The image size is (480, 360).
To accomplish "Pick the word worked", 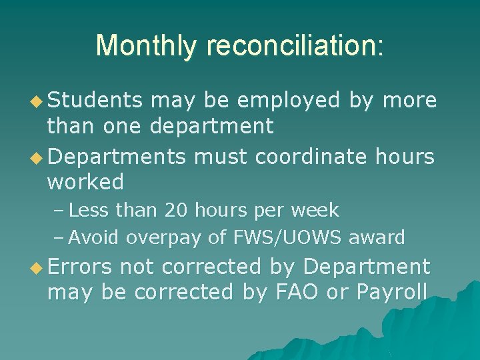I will click(85, 181).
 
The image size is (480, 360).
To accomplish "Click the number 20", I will click(177, 211).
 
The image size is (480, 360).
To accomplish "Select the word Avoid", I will click(94, 237).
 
